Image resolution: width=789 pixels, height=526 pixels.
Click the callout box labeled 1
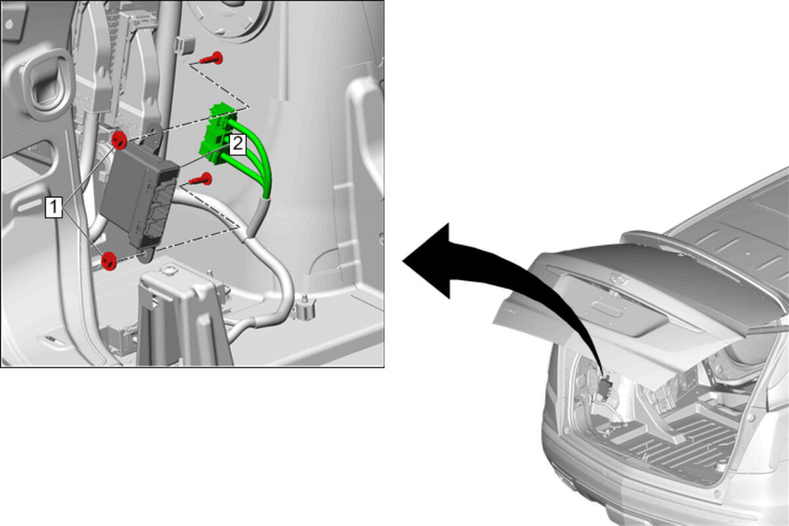pos(54,207)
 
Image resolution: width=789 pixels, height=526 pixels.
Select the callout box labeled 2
pos(238,144)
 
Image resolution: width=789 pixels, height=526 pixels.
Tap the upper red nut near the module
pos(119,140)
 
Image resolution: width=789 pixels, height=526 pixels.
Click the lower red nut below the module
pos(109,261)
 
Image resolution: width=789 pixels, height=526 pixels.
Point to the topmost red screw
pos(213,59)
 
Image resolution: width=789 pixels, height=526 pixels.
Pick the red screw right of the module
pos(201,179)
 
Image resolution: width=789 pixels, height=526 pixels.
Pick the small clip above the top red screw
pos(184,44)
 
